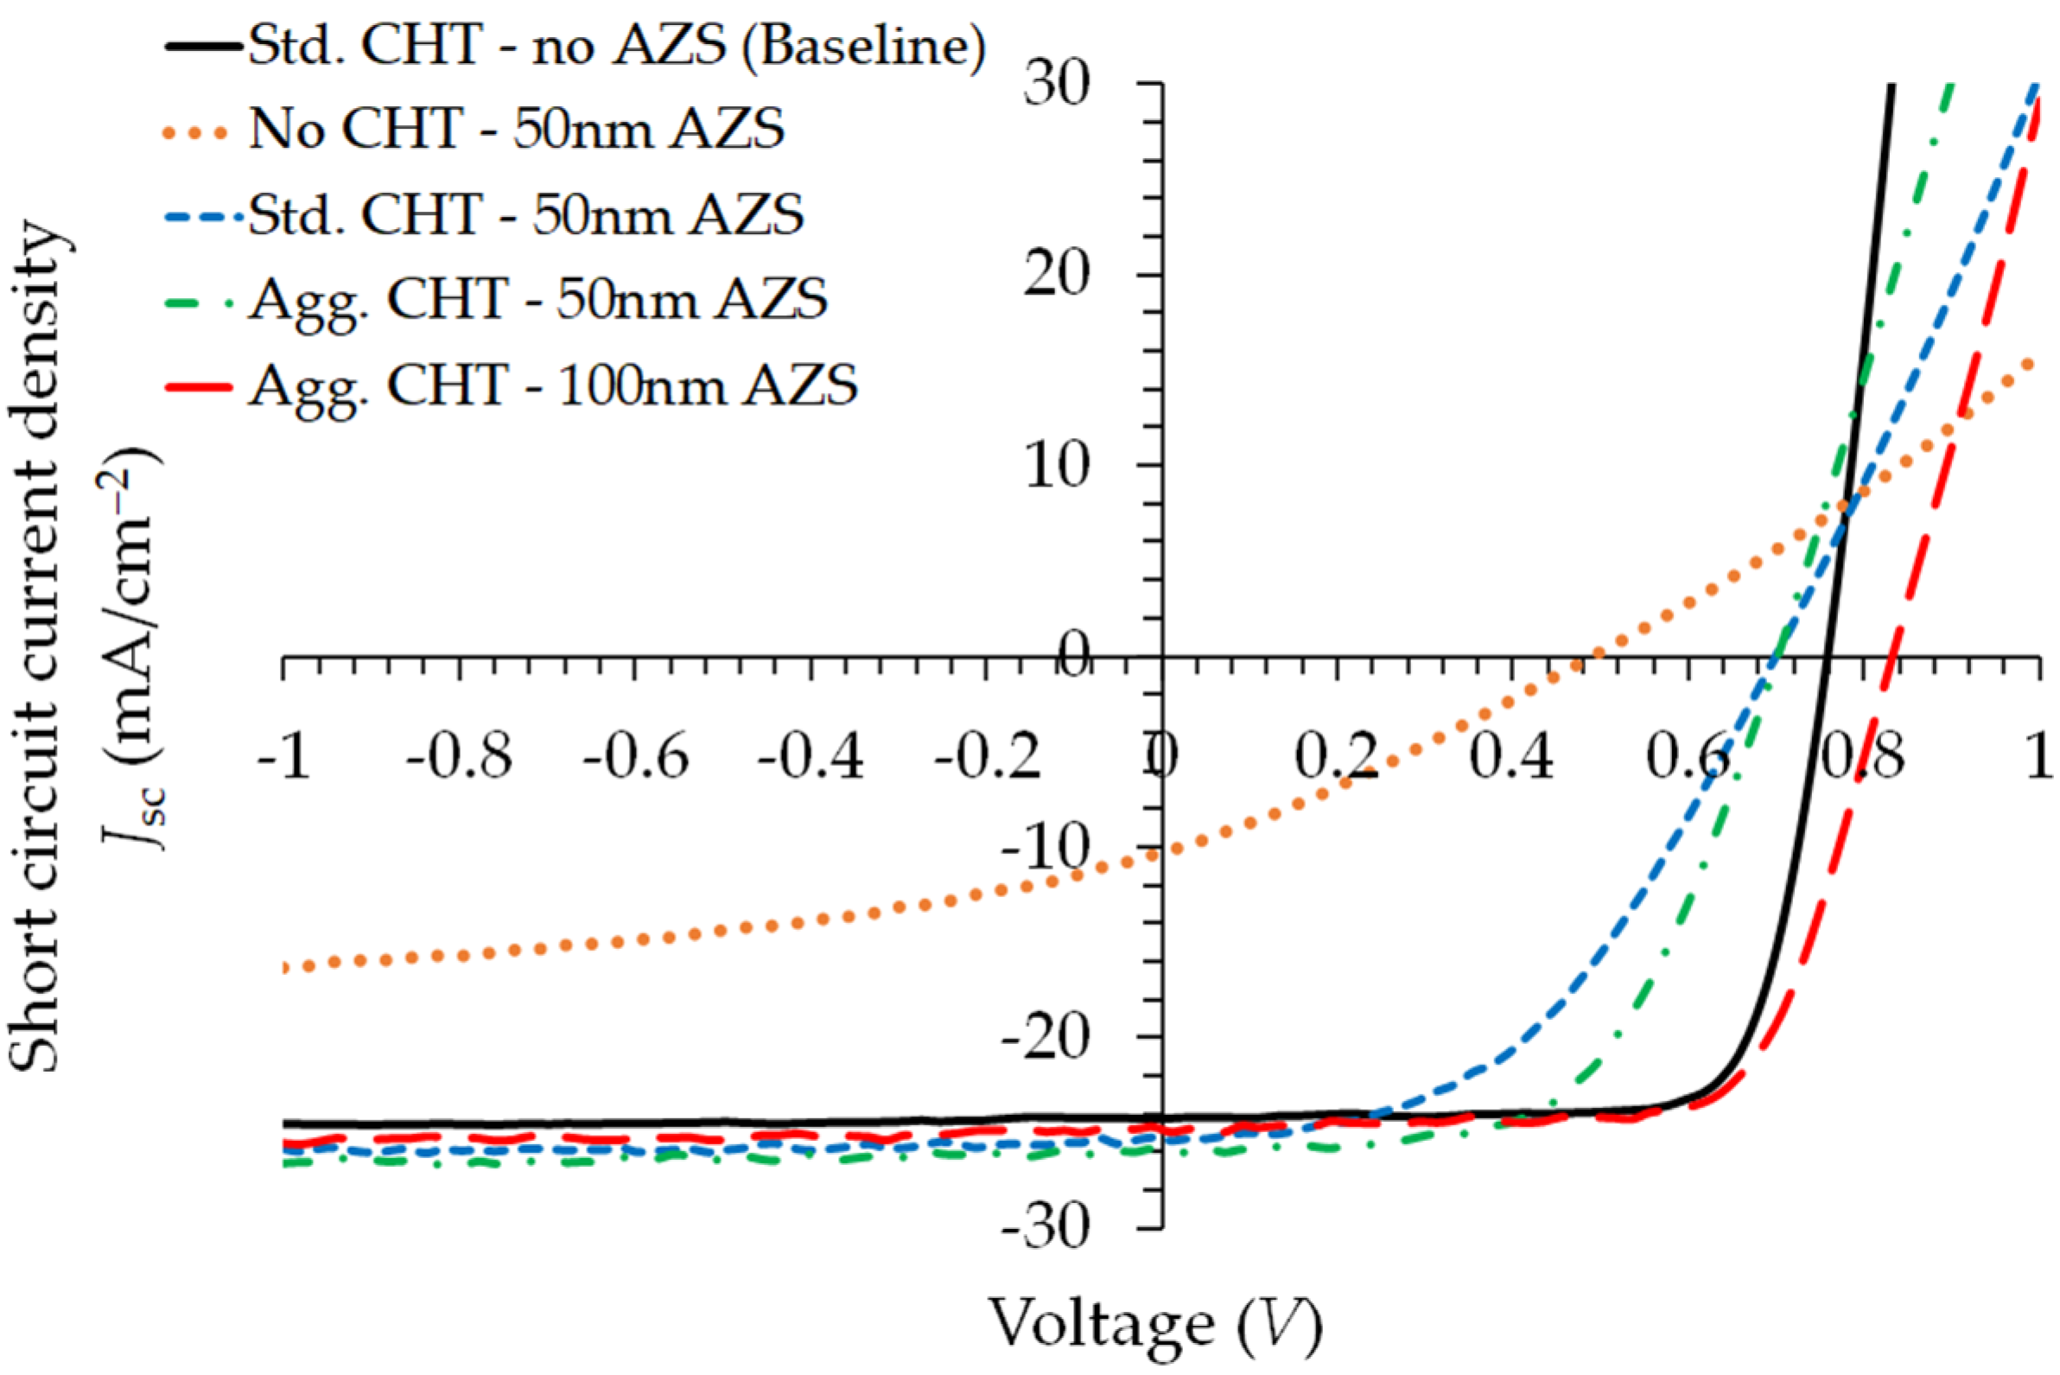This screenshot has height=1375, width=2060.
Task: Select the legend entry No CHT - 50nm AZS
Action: (517, 129)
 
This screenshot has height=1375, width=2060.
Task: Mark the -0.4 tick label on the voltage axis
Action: (810, 756)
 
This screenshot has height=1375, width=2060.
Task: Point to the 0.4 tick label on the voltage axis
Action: (1511, 756)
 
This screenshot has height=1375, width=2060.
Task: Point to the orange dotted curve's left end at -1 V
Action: (284, 967)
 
